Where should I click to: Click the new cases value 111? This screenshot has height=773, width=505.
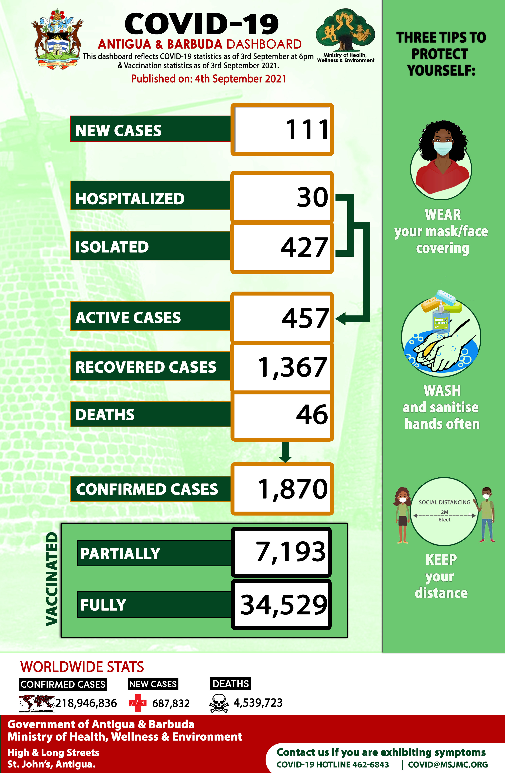click(307, 130)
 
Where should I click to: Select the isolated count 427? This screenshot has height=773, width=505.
click(304, 248)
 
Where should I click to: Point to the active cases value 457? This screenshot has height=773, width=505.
click(305, 318)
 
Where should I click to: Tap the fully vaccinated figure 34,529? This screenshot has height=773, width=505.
click(284, 605)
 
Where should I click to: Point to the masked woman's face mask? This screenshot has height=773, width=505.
click(443, 148)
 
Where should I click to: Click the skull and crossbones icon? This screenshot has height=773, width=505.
click(219, 703)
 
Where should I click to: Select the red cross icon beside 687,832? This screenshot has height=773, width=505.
click(138, 703)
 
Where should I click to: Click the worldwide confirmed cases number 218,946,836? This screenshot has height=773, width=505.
click(86, 703)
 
